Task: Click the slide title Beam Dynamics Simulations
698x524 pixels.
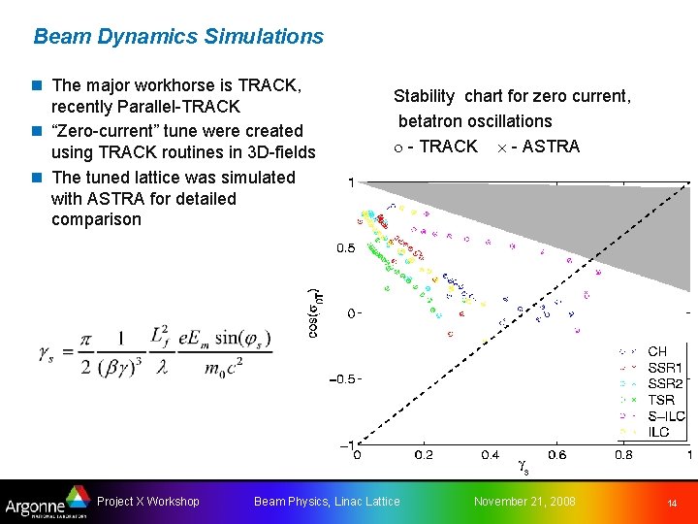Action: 178,37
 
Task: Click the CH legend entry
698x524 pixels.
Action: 656,351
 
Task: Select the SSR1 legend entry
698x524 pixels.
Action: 664,368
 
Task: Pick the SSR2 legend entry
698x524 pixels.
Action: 664,384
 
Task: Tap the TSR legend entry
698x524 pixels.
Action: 660,400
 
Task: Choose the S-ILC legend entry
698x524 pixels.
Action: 665,416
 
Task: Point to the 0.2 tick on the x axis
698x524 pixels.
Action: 424,454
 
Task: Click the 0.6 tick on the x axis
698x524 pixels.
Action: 556,454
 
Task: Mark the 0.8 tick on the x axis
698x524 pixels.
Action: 623,454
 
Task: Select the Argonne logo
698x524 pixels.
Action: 45,503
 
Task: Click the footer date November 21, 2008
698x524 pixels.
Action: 523,502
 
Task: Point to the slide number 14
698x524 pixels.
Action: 671,503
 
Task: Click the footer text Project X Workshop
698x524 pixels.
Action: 148,502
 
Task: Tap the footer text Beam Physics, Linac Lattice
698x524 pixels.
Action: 326,502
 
